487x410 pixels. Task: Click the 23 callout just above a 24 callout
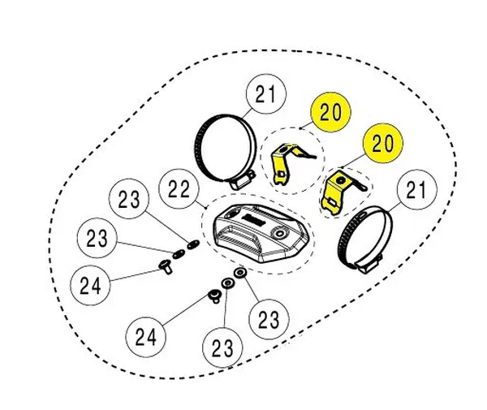coord(97,240)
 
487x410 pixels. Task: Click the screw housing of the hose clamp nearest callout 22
coord(241,183)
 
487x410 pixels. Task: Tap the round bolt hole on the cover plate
coord(283,234)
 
